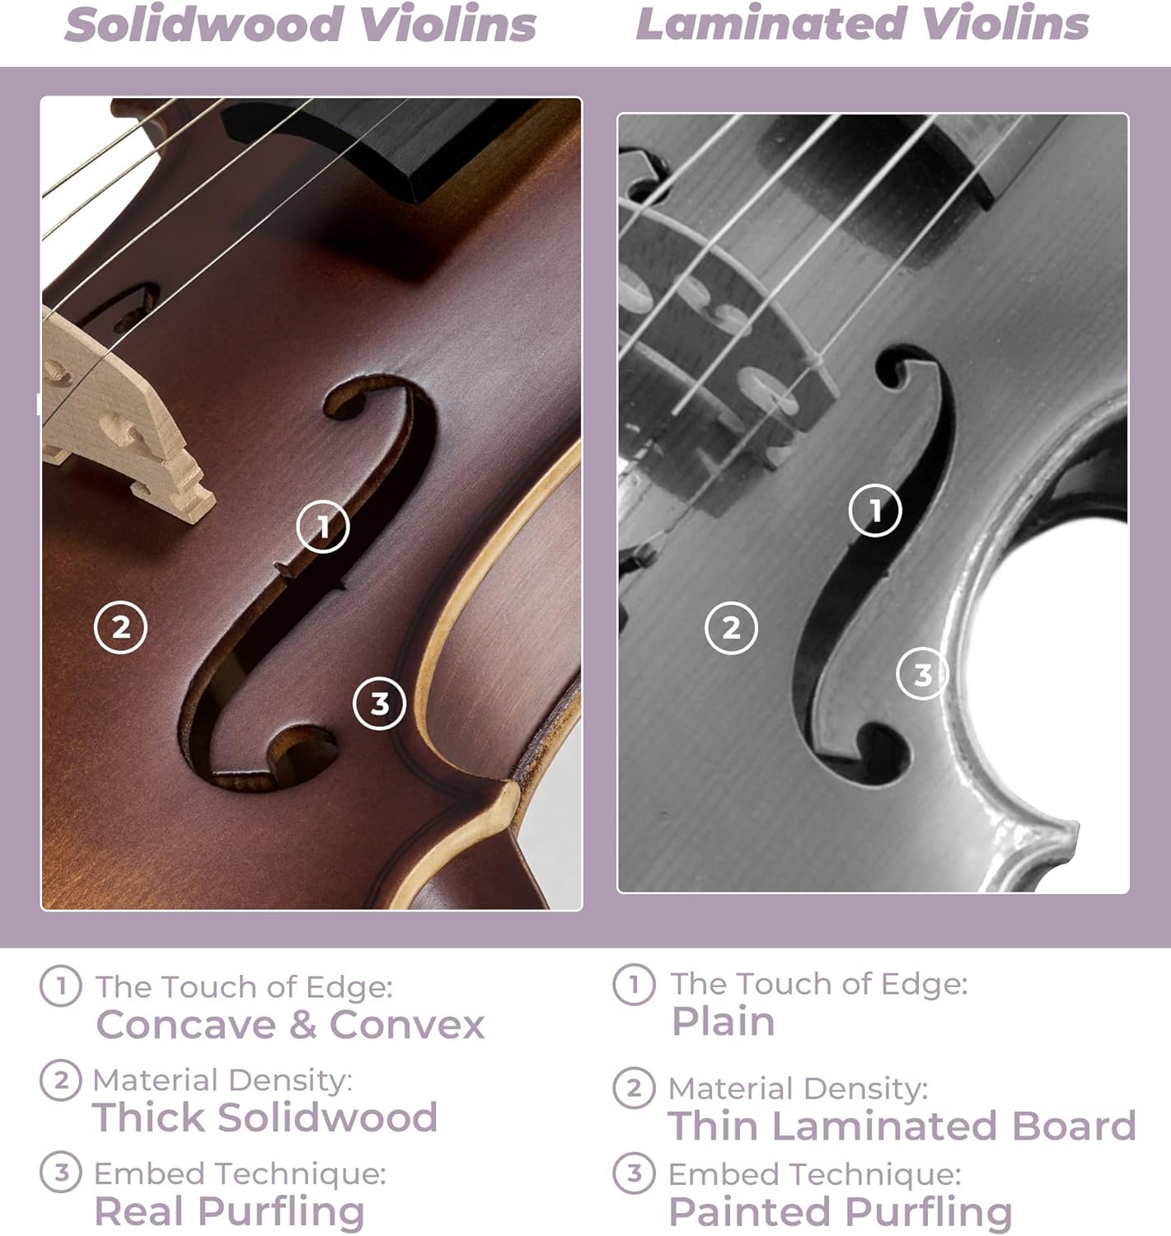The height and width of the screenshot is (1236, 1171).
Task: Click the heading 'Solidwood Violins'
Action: (300, 25)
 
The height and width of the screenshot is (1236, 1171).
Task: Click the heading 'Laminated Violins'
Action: (862, 24)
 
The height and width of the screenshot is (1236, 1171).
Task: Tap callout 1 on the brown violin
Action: (323, 527)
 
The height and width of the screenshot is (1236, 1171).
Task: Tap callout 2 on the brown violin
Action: (121, 628)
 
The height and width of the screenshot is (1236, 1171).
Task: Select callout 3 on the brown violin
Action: (379, 704)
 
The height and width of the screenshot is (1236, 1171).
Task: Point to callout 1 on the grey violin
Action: (875, 510)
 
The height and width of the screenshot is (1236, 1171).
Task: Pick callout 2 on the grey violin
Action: (731, 628)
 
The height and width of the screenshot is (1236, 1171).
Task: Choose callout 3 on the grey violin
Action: (922, 674)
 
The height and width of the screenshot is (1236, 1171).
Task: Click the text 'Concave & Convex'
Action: (290, 1024)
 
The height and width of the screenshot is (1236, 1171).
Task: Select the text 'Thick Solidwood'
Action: (265, 1117)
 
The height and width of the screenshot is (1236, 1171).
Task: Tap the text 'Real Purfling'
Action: (229, 1211)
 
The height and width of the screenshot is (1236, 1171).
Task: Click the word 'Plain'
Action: (723, 1022)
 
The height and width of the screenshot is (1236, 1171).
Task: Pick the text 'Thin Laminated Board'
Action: (902, 1126)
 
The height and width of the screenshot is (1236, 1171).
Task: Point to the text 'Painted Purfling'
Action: (840, 1211)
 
